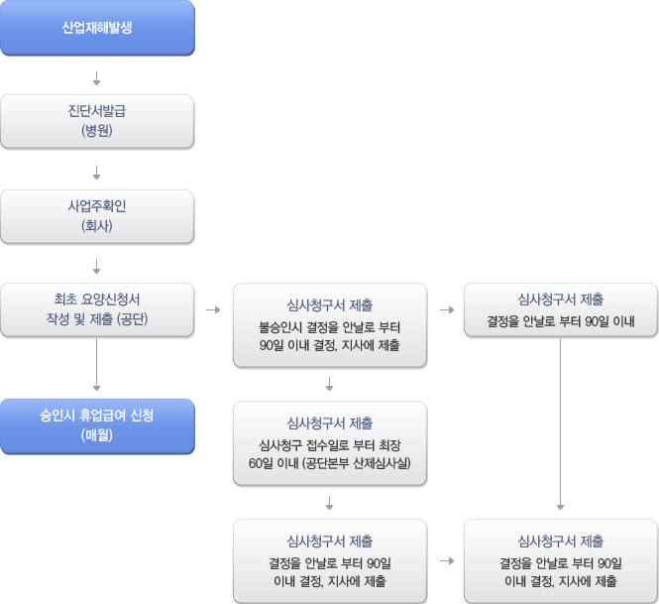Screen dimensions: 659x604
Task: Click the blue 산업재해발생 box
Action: click(x=97, y=28)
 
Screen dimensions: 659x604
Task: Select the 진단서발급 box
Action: click(x=97, y=122)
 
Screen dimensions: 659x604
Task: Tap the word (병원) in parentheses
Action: click(x=97, y=131)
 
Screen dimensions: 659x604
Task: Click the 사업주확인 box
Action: click(x=97, y=216)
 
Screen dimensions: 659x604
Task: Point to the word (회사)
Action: click(x=97, y=226)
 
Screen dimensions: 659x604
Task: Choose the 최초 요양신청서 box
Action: click(x=97, y=310)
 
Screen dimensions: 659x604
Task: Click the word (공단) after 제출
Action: click(x=133, y=319)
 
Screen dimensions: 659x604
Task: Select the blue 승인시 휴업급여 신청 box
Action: click(x=97, y=426)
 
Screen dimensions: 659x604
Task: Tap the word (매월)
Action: click(x=97, y=435)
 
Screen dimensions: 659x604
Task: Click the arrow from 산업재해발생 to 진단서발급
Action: click(x=97, y=78)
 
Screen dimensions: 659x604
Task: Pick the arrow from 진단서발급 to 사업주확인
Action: click(x=97, y=173)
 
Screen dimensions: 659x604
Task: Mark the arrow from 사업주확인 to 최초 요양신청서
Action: click(x=97, y=267)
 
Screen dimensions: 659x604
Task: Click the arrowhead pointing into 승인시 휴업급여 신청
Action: click(x=97, y=388)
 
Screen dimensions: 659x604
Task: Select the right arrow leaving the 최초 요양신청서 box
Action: click(x=213, y=310)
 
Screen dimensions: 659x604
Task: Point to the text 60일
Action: click(x=259, y=463)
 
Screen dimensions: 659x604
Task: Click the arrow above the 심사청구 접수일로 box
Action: click(x=329, y=384)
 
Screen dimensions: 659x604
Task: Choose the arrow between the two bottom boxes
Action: click(x=447, y=561)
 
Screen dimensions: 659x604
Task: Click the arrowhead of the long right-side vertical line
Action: click(x=560, y=507)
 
